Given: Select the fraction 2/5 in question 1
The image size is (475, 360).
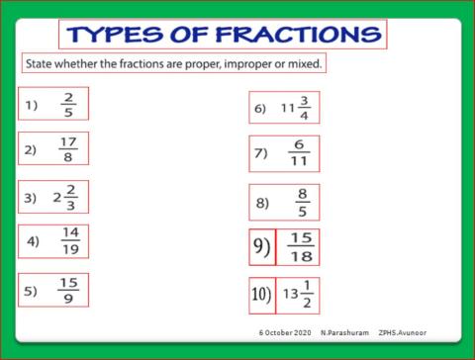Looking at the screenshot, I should (x=68, y=104).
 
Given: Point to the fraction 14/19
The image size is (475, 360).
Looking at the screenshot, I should (x=69, y=240).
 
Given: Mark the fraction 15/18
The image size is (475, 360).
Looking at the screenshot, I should (x=301, y=246).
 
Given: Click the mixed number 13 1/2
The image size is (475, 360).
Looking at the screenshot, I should (x=299, y=294).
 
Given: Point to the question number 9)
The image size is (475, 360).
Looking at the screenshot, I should (x=261, y=246).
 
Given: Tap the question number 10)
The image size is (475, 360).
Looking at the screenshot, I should (x=261, y=294).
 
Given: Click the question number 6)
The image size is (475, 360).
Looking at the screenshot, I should (x=260, y=109).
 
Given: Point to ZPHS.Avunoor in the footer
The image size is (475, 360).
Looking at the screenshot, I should (x=404, y=331).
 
